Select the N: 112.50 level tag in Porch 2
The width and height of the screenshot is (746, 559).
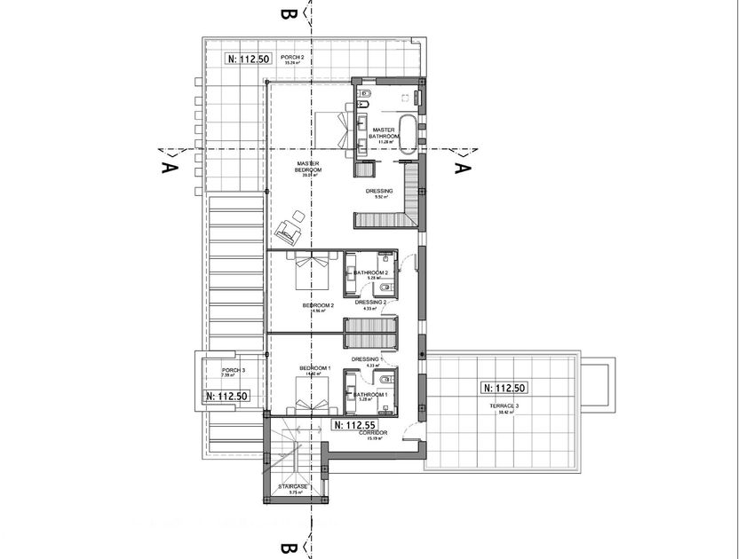click(x=248, y=59)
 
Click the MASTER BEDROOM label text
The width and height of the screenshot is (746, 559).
click(x=308, y=168)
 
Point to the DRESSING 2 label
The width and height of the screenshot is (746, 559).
click(x=369, y=302)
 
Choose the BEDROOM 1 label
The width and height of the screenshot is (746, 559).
click(x=314, y=368)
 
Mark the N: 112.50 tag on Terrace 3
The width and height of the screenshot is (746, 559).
click(x=504, y=388)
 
